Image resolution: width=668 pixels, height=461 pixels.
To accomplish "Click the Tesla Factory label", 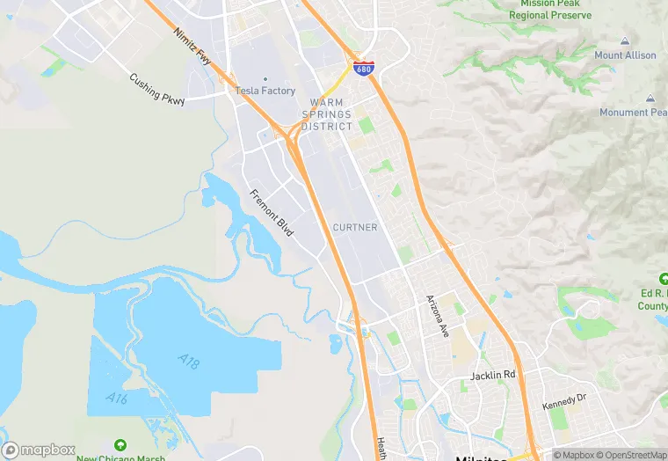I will coord(265,91).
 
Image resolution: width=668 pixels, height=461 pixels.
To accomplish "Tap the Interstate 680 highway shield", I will coord(362,68).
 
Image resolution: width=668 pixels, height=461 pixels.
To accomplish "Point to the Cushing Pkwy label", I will coord(157,89).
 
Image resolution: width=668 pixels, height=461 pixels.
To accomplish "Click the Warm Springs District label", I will coord(327,114).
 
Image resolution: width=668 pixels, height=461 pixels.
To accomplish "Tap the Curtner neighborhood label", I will coord(355,227).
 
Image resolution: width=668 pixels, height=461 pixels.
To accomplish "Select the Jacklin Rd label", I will coord(492,376).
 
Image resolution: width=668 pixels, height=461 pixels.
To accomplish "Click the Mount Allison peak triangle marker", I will coord(625,41).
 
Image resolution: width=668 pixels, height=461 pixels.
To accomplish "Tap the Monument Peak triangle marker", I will coord(650,99).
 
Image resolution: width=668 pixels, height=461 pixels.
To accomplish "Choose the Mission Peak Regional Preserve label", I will coord(551,10).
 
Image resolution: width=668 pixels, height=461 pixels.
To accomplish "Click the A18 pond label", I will coord(188,360).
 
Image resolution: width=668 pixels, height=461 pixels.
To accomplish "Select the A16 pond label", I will coord(117,399).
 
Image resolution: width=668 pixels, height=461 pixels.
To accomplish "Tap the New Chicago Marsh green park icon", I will coord(120,444).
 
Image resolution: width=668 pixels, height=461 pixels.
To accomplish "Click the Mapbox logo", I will coord(39,450).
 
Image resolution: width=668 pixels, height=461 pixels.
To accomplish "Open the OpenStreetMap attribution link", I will coord(631,455).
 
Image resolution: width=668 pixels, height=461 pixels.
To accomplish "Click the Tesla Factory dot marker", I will coord(265,78).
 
